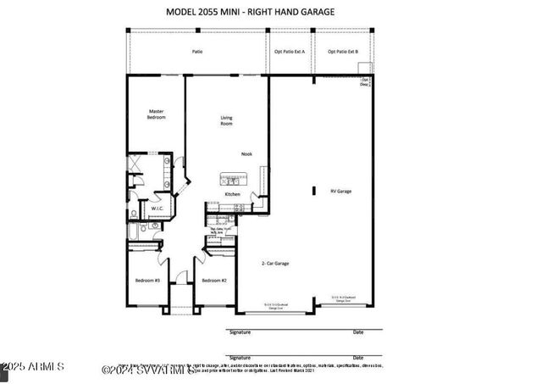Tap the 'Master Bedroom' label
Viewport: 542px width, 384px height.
156,114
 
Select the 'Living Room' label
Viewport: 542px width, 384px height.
226,120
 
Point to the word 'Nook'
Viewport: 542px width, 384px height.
246,153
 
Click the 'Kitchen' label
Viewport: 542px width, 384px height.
232,194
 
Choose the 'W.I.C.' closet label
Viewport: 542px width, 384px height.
158,208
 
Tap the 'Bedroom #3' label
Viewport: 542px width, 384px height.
147,280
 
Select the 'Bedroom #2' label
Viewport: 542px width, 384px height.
213,280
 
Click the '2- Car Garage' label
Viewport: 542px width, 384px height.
274,264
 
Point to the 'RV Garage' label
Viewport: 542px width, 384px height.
340,191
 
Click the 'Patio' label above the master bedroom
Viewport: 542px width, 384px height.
196,52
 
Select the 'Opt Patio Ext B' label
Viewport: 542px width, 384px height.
343,52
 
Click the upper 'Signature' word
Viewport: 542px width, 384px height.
240,331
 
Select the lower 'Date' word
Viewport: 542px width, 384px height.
358,358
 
